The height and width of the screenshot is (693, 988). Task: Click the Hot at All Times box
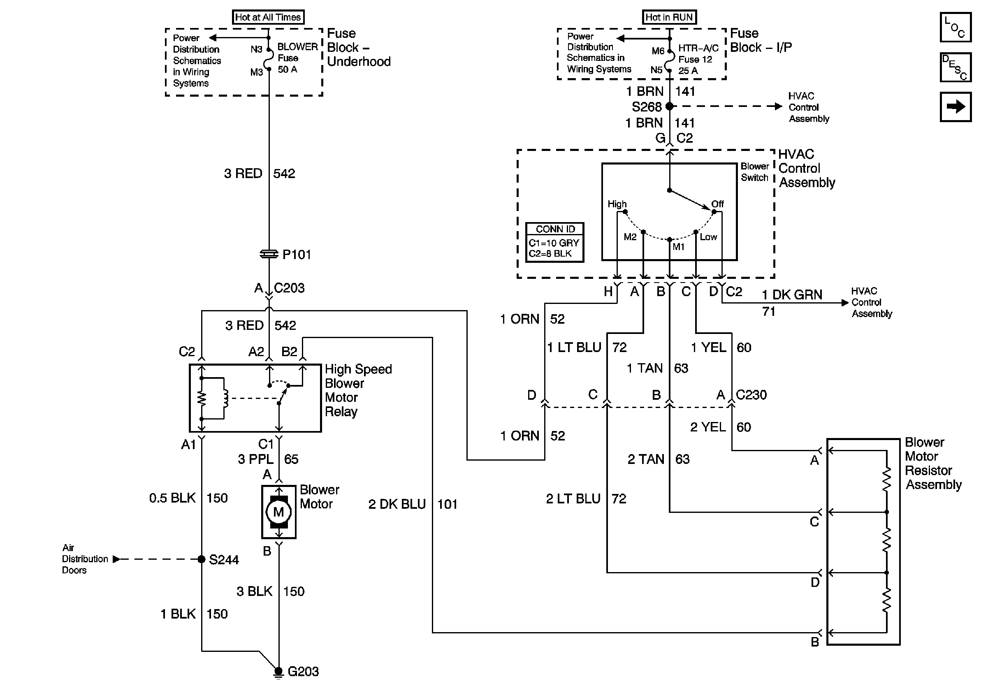pos(268,17)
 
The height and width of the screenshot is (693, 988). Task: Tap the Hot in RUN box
pos(669,17)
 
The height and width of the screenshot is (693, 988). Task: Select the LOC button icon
pos(955,28)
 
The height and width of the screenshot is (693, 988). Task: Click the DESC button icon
pos(955,67)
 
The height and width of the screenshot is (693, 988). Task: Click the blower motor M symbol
pos(278,512)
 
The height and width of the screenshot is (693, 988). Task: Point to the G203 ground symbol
pos(278,672)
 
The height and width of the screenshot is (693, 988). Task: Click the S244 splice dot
pos(202,559)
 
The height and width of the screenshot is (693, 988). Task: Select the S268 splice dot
pos(669,106)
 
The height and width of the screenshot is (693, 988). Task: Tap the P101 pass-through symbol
pos(269,254)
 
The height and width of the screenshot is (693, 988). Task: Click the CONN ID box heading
pos(555,229)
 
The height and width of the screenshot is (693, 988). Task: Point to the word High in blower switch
pos(617,204)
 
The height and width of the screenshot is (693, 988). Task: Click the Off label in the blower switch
pos(717,204)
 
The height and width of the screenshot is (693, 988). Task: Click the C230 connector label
pos(751,395)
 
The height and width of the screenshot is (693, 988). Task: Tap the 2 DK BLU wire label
pos(397,504)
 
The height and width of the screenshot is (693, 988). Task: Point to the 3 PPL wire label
pos(255,459)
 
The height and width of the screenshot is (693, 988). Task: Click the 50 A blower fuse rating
pos(287,69)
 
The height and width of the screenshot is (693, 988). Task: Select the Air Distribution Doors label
pos(84,559)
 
